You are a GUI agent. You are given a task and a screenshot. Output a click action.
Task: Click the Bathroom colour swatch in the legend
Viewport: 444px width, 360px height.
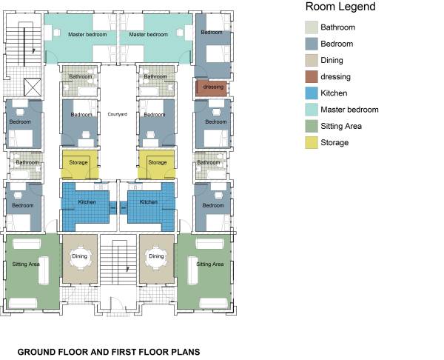click(311, 27)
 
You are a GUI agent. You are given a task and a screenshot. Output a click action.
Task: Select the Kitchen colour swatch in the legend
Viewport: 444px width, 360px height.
click(311, 93)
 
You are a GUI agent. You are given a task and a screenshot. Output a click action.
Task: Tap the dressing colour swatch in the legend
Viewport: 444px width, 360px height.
click(311, 76)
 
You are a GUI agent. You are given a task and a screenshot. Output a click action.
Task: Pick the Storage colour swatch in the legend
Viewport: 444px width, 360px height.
click(311, 142)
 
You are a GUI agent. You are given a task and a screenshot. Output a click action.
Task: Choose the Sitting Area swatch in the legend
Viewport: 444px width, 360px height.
click(311, 126)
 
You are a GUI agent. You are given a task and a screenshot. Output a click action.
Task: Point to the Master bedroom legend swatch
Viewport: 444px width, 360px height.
click(311, 110)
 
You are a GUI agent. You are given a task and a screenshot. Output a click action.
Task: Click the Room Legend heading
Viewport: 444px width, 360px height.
click(340, 7)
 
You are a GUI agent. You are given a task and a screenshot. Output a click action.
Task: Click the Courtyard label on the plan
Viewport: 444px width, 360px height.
click(118, 115)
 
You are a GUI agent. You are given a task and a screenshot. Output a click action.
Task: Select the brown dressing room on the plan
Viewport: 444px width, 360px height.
click(211, 88)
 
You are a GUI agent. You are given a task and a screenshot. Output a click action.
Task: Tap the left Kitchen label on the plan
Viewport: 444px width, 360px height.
click(87, 201)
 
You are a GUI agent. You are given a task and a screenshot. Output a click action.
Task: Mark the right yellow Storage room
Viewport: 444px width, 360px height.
click(157, 163)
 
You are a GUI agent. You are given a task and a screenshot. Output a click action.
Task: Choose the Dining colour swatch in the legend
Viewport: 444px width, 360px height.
click(311, 60)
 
